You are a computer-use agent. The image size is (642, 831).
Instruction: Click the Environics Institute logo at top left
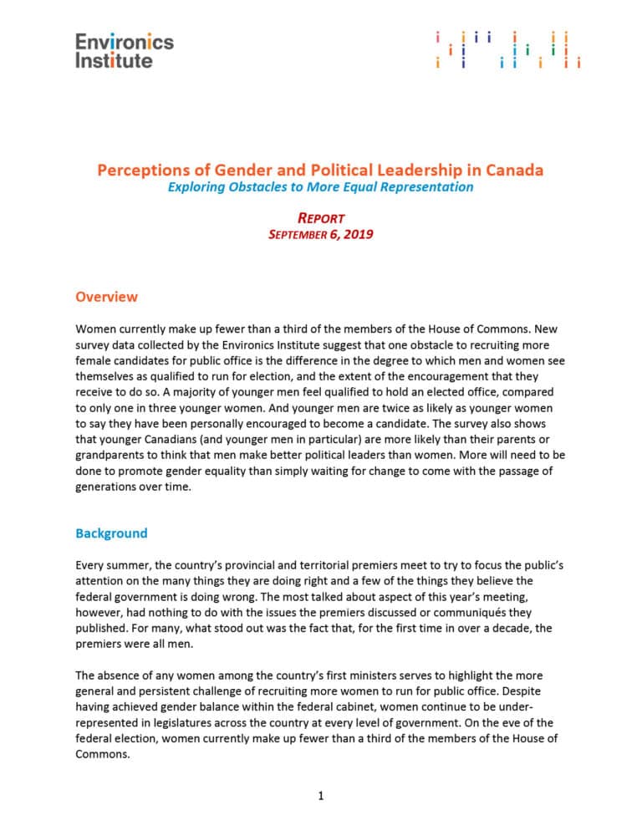click(x=125, y=50)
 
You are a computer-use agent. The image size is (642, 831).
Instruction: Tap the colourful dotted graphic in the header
click(x=507, y=50)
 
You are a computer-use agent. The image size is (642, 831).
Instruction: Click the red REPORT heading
click(x=321, y=218)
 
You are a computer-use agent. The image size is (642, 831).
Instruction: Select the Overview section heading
click(x=106, y=297)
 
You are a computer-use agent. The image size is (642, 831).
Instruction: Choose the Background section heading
click(x=111, y=533)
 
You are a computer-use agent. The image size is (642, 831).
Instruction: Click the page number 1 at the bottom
click(x=321, y=795)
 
